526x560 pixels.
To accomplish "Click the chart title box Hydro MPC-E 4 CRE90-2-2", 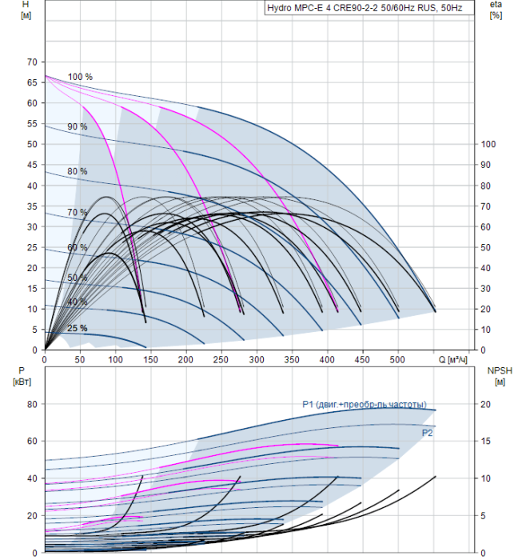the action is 369,8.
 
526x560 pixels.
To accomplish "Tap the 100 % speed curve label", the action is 80,77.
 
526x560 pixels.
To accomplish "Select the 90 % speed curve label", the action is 78,126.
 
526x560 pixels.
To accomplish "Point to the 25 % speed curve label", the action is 78,328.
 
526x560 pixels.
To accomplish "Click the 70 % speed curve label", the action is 78,213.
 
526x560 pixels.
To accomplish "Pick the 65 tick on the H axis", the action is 32,82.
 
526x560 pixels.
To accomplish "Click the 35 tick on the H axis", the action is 32,206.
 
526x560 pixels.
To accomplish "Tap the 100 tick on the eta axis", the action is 488,144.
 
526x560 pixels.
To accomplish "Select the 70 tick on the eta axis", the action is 486,206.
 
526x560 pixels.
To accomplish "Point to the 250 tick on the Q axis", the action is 221,359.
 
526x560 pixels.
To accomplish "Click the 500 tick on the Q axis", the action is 397,359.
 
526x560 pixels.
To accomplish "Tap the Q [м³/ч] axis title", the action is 452,359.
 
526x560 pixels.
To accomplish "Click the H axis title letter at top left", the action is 26,5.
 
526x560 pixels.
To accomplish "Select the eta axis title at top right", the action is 496,5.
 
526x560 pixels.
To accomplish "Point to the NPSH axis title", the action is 500,371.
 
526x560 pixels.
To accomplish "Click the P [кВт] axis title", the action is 22,376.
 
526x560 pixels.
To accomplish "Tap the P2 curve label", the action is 427,434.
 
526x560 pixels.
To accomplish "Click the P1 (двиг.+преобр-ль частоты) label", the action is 365,404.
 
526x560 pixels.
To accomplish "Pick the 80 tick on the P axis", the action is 32,404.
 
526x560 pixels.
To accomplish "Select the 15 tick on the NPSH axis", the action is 486,441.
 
